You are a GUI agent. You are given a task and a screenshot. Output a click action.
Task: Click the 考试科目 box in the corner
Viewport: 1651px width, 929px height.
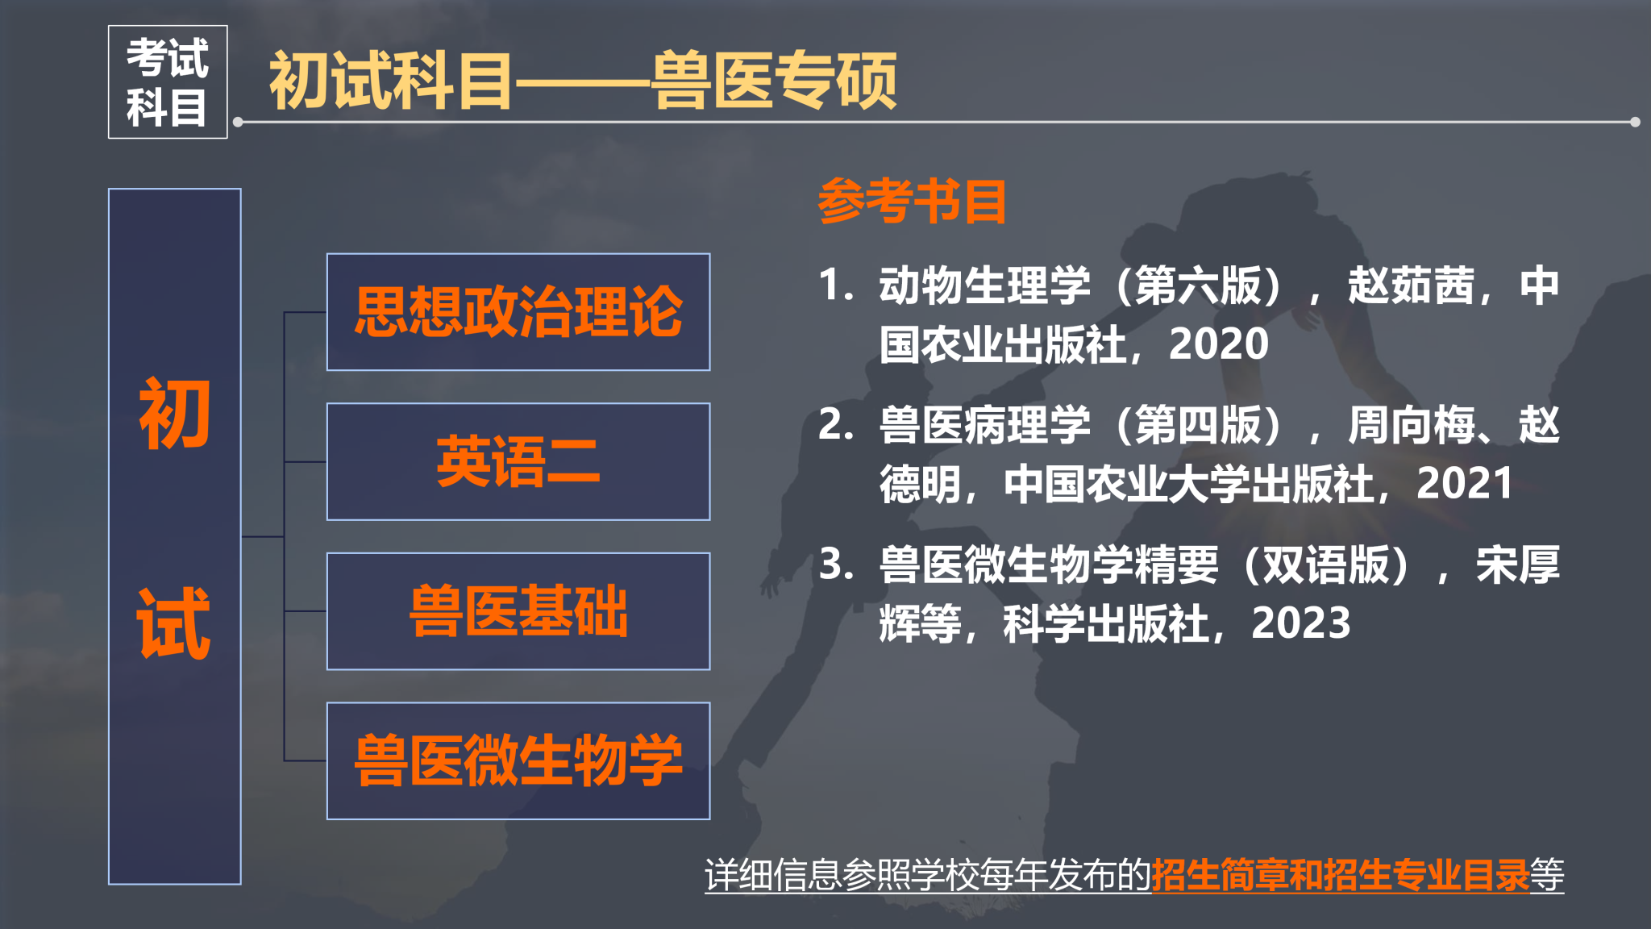click(x=168, y=82)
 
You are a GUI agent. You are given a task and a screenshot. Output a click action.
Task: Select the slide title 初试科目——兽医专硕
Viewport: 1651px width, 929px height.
click(x=583, y=80)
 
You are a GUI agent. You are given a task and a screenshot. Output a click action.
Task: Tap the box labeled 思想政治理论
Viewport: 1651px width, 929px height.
click(x=518, y=312)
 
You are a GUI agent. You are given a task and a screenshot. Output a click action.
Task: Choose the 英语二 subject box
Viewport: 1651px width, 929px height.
click(x=518, y=462)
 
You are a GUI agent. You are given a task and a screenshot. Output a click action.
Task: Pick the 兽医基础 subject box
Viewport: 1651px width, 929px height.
click(x=518, y=611)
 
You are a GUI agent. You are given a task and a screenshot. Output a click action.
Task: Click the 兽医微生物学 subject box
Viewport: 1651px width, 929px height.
click(x=518, y=761)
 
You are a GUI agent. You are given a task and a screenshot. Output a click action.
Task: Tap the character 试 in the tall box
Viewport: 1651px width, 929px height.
click(x=175, y=623)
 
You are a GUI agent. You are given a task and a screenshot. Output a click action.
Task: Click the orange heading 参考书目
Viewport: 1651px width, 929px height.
click(x=913, y=201)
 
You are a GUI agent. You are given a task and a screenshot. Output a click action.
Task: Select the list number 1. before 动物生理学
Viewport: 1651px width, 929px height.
click(x=836, y=285)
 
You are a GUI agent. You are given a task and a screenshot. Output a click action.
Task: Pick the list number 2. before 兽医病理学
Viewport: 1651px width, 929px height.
click(x=836, y=425)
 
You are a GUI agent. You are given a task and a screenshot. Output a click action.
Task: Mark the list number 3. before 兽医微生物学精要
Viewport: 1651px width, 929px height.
click(x=836, y=564)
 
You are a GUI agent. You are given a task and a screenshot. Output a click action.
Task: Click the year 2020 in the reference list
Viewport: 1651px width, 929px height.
click(x=1219, y=344)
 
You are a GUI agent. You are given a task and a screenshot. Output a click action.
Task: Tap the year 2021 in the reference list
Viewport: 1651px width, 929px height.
click(x=1465, y=484)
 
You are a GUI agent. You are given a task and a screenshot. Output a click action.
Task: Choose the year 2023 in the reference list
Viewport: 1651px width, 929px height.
click(x=1301, y=623)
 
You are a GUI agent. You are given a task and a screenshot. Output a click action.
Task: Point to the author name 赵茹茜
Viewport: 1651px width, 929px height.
click(x=1411, y=285)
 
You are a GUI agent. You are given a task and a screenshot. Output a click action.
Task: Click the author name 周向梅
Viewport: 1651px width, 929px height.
click(x=1411, y=425)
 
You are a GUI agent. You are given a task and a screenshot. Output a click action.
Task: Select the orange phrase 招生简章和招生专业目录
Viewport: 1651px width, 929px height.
click(x=1341, y=875)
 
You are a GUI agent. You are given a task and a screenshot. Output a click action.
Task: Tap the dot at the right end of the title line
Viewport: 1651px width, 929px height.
click(x=1635, y=123)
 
